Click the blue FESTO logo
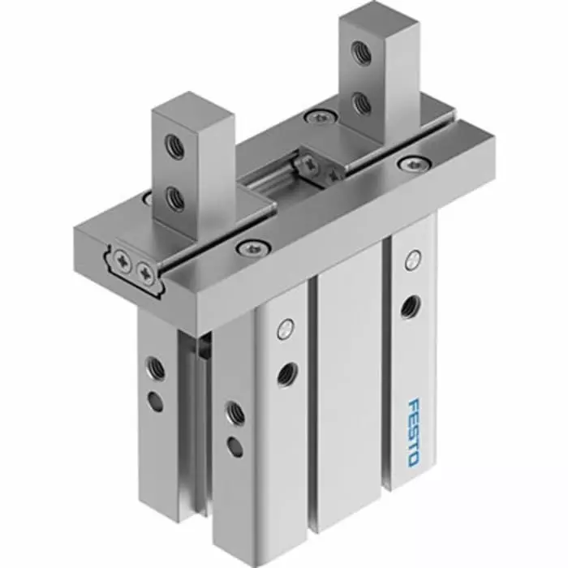411,432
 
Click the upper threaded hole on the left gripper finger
173,147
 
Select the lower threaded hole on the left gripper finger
174,197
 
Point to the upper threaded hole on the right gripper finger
362,54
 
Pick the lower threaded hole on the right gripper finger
363,102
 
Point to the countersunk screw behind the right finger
319,117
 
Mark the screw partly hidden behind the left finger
147,198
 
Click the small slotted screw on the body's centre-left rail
283,329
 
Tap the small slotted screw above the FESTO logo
412,260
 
